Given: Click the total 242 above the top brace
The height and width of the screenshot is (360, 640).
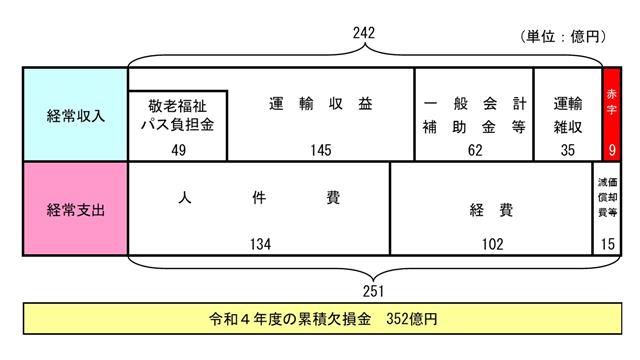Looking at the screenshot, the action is tap(366, 34).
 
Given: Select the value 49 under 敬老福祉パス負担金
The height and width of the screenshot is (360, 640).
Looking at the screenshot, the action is tap(180, 149).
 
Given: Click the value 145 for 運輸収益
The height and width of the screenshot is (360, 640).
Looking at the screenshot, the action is tap(321, 149).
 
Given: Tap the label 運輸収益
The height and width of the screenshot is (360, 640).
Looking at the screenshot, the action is tap(321, 103).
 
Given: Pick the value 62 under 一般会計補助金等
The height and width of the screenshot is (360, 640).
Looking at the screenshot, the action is tap(473, 149).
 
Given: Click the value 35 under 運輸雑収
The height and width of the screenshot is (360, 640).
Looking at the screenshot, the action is tap(568, 149).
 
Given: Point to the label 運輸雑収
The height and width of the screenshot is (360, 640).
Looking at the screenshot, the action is tap(568, 115).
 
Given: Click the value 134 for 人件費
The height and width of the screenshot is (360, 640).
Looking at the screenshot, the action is tap(259, 243).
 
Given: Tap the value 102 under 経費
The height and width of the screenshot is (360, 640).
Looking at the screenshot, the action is tap(490, 243).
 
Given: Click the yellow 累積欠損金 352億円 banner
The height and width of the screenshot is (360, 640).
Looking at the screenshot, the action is tap(320, 322).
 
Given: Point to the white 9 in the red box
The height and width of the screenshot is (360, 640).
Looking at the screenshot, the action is tap(611, 150).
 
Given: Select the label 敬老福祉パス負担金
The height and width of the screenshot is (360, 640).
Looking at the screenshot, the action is tap(180, 115).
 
